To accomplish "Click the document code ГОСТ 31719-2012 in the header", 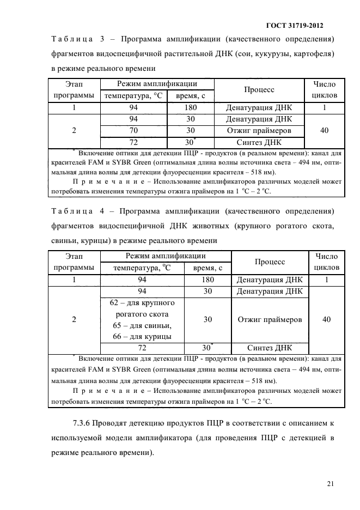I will click(x=299, y=25).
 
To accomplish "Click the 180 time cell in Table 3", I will click(x=190, y=107).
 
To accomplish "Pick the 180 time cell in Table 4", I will click(x=208, y=280).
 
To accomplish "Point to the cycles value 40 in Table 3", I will click(x=324, y=131).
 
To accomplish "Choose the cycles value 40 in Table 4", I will click(x=326, y=320).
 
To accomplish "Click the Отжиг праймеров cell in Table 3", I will click(x=259, y=131).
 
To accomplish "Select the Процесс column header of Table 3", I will click(x=259, y=90).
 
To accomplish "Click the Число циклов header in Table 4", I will click(x=326, y=262).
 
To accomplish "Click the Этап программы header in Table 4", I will click(x=74, y=262).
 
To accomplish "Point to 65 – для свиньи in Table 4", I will click(x=142, y=326).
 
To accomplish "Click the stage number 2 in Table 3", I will click(x=74, y=131).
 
